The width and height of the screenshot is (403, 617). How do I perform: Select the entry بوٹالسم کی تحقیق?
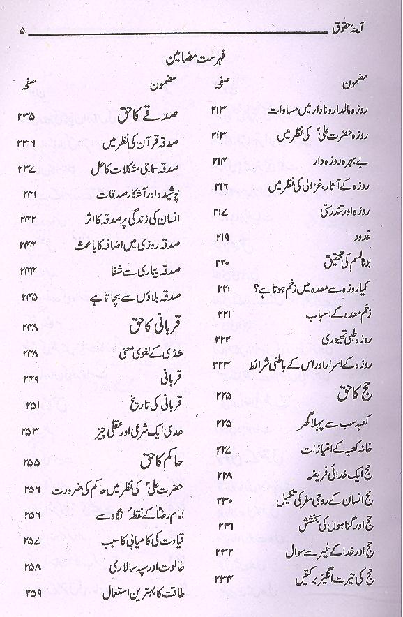click(x=346, y=263)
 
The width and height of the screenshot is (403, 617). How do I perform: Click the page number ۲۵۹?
click(x=29, y=594)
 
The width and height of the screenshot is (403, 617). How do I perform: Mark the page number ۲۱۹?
click(x=223, y=237)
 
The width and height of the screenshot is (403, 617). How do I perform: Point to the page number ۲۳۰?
click(x=223, y=501)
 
